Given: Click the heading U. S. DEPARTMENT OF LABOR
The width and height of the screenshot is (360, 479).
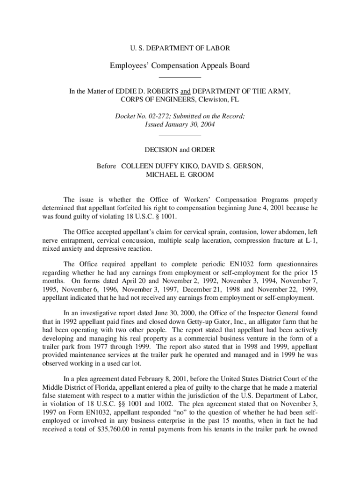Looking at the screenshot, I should coord(180,48).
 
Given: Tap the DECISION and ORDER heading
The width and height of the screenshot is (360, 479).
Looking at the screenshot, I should coord(180,150).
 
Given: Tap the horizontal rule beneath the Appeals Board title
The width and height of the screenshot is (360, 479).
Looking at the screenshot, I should coord(180,77).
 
